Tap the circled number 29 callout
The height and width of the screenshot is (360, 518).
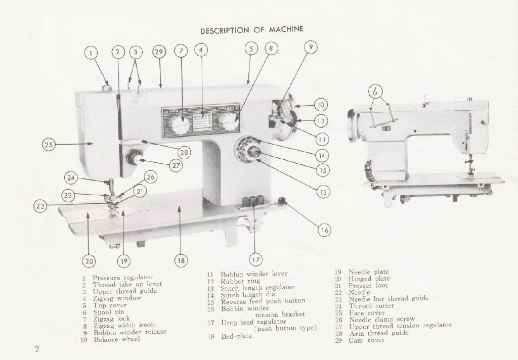click(x=159, y=52)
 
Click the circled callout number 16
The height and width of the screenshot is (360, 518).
click(x=324, y=230)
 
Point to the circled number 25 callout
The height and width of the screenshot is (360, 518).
click(x=48, y=145)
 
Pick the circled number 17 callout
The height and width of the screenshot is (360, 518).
click(x=256, y=260)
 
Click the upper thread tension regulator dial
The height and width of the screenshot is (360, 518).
click(x=134, y=159)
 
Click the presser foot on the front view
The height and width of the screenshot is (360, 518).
click(x=112, y=201)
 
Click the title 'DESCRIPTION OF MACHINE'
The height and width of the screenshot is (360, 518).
click(x=251, y=30)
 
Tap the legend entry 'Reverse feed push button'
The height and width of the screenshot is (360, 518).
click(x=263, y=301)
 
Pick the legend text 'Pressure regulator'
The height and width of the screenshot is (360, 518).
click(x=122, y=278)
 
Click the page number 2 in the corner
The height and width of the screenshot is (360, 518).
click(x=37, y=349)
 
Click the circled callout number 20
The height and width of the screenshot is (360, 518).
click(x=89, y=261)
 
